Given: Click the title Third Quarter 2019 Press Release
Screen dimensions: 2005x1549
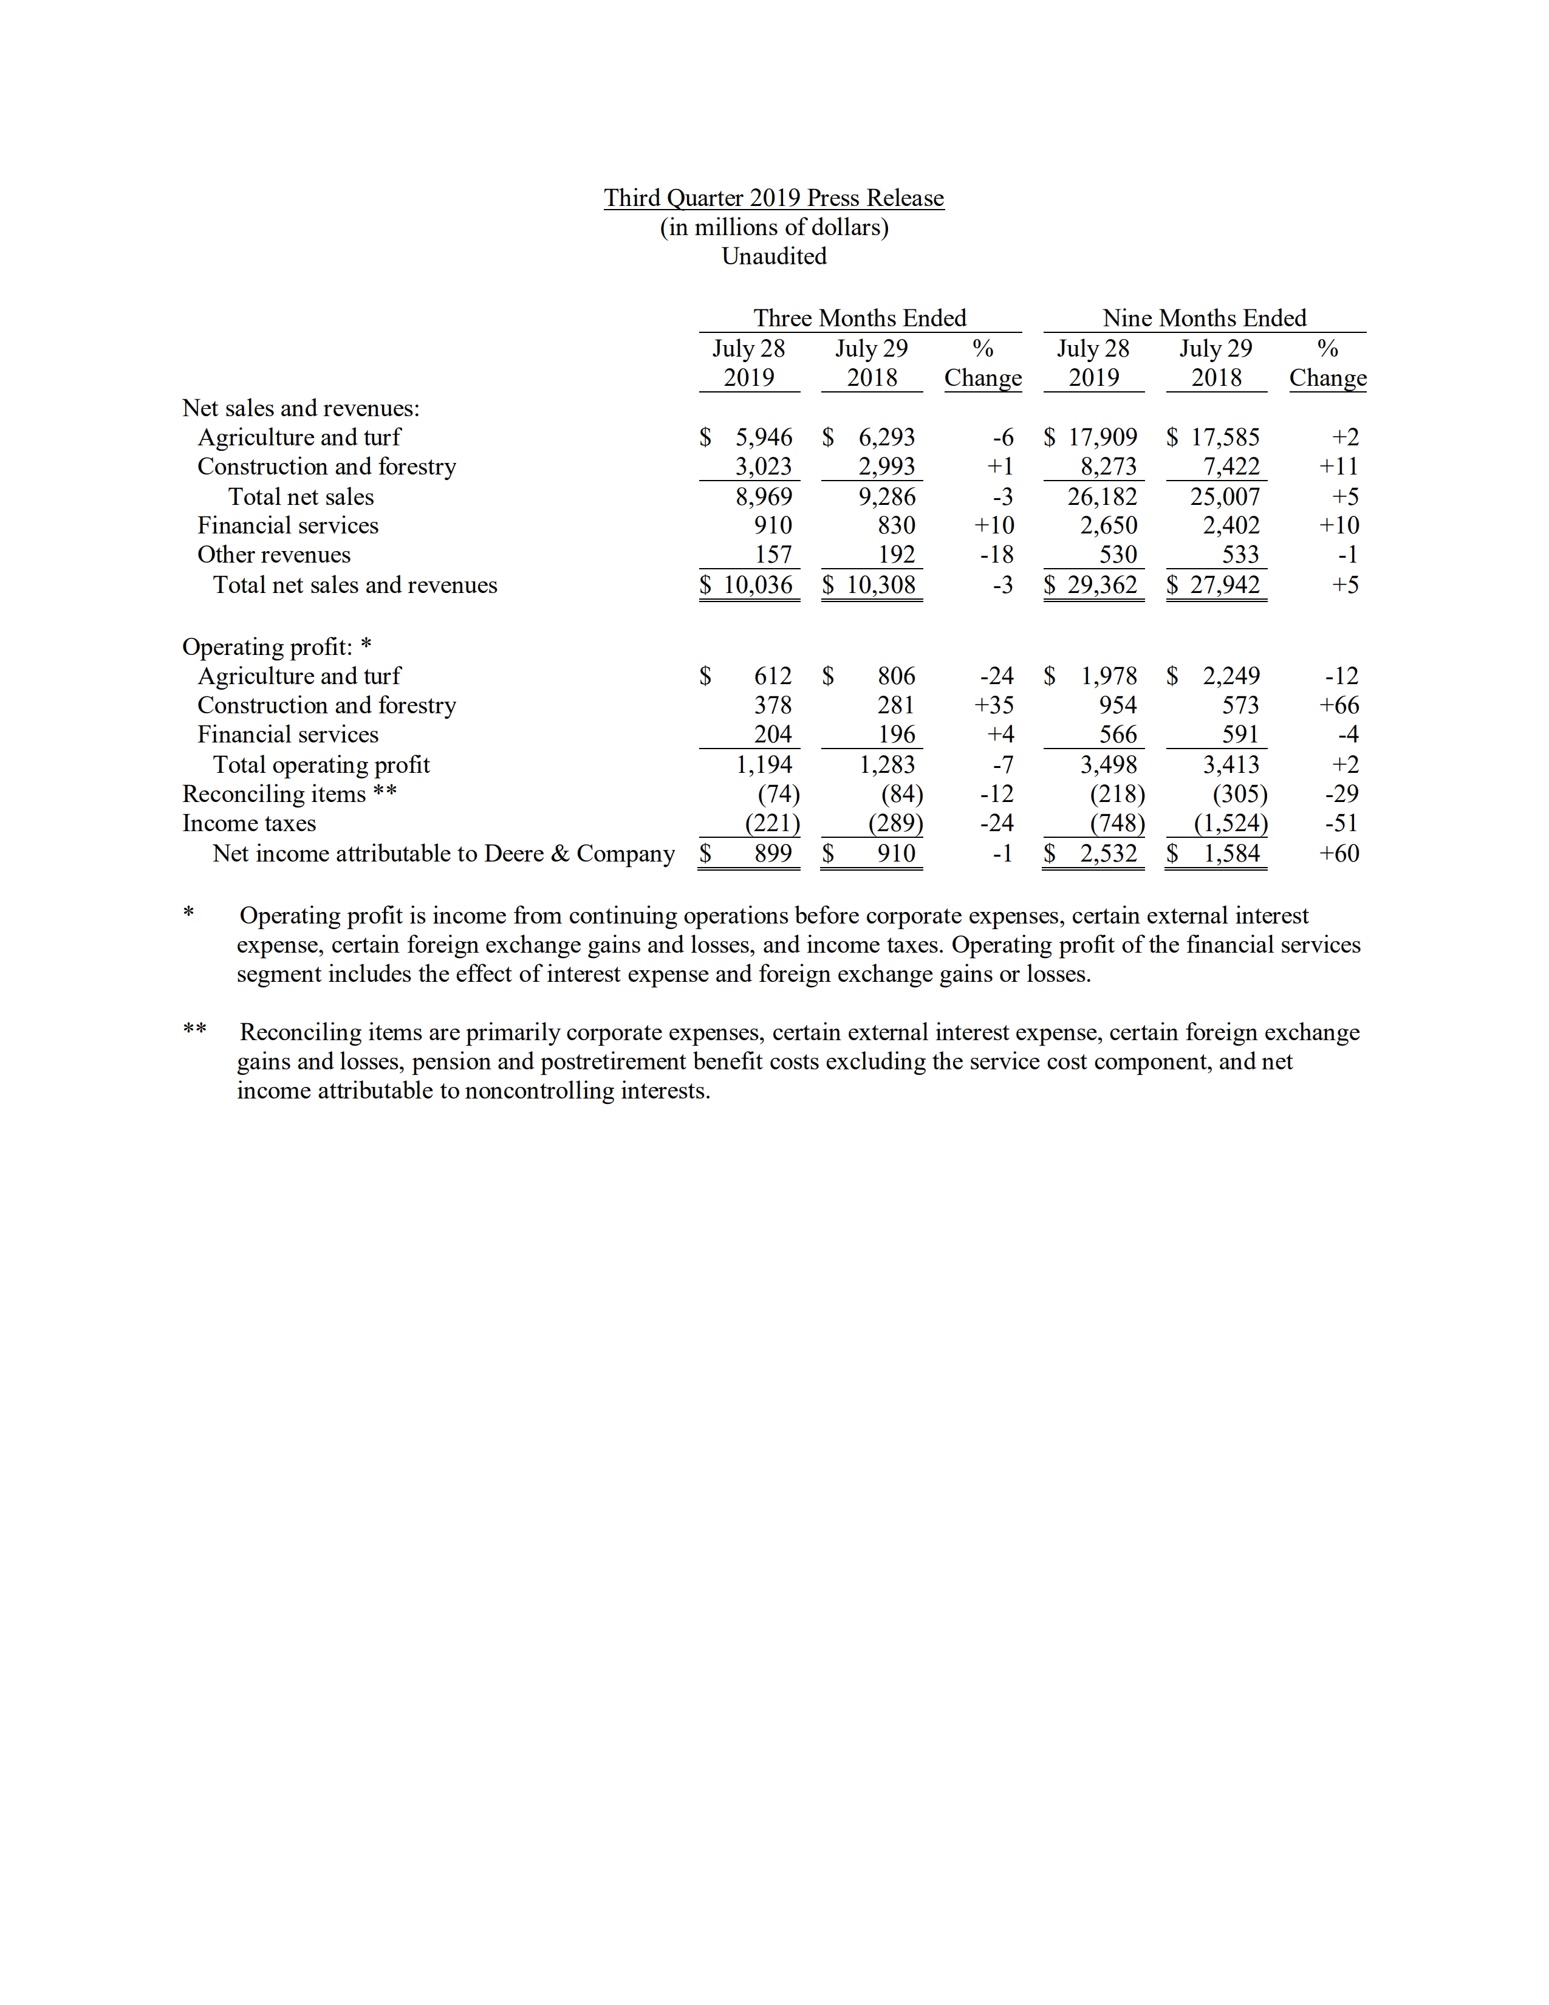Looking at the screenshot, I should [773, 198].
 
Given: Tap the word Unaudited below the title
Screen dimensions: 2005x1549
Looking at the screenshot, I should [773, 256].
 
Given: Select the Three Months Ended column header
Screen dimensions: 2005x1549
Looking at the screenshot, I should [860, 318].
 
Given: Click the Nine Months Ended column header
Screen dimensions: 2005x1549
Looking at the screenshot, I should [1204, 318].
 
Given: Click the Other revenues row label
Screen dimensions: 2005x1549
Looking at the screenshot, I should [273, 555].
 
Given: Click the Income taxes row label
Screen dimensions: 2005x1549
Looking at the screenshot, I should [248, 823].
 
